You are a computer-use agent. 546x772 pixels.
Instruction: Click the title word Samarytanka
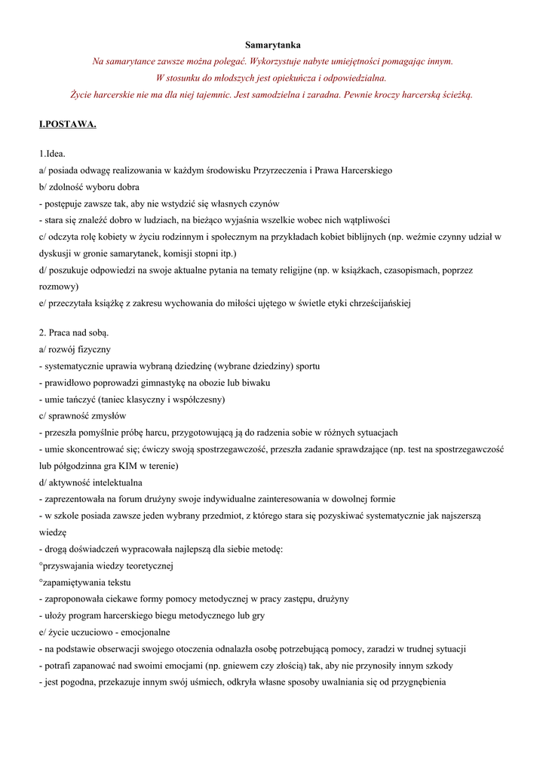(x=273, y=45)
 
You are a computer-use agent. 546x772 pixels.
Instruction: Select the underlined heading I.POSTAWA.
(x=68, y=124)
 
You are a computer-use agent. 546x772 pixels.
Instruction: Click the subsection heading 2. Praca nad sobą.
(x=74, y=332)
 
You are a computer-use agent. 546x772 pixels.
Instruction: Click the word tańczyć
(x=78, y=399)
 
